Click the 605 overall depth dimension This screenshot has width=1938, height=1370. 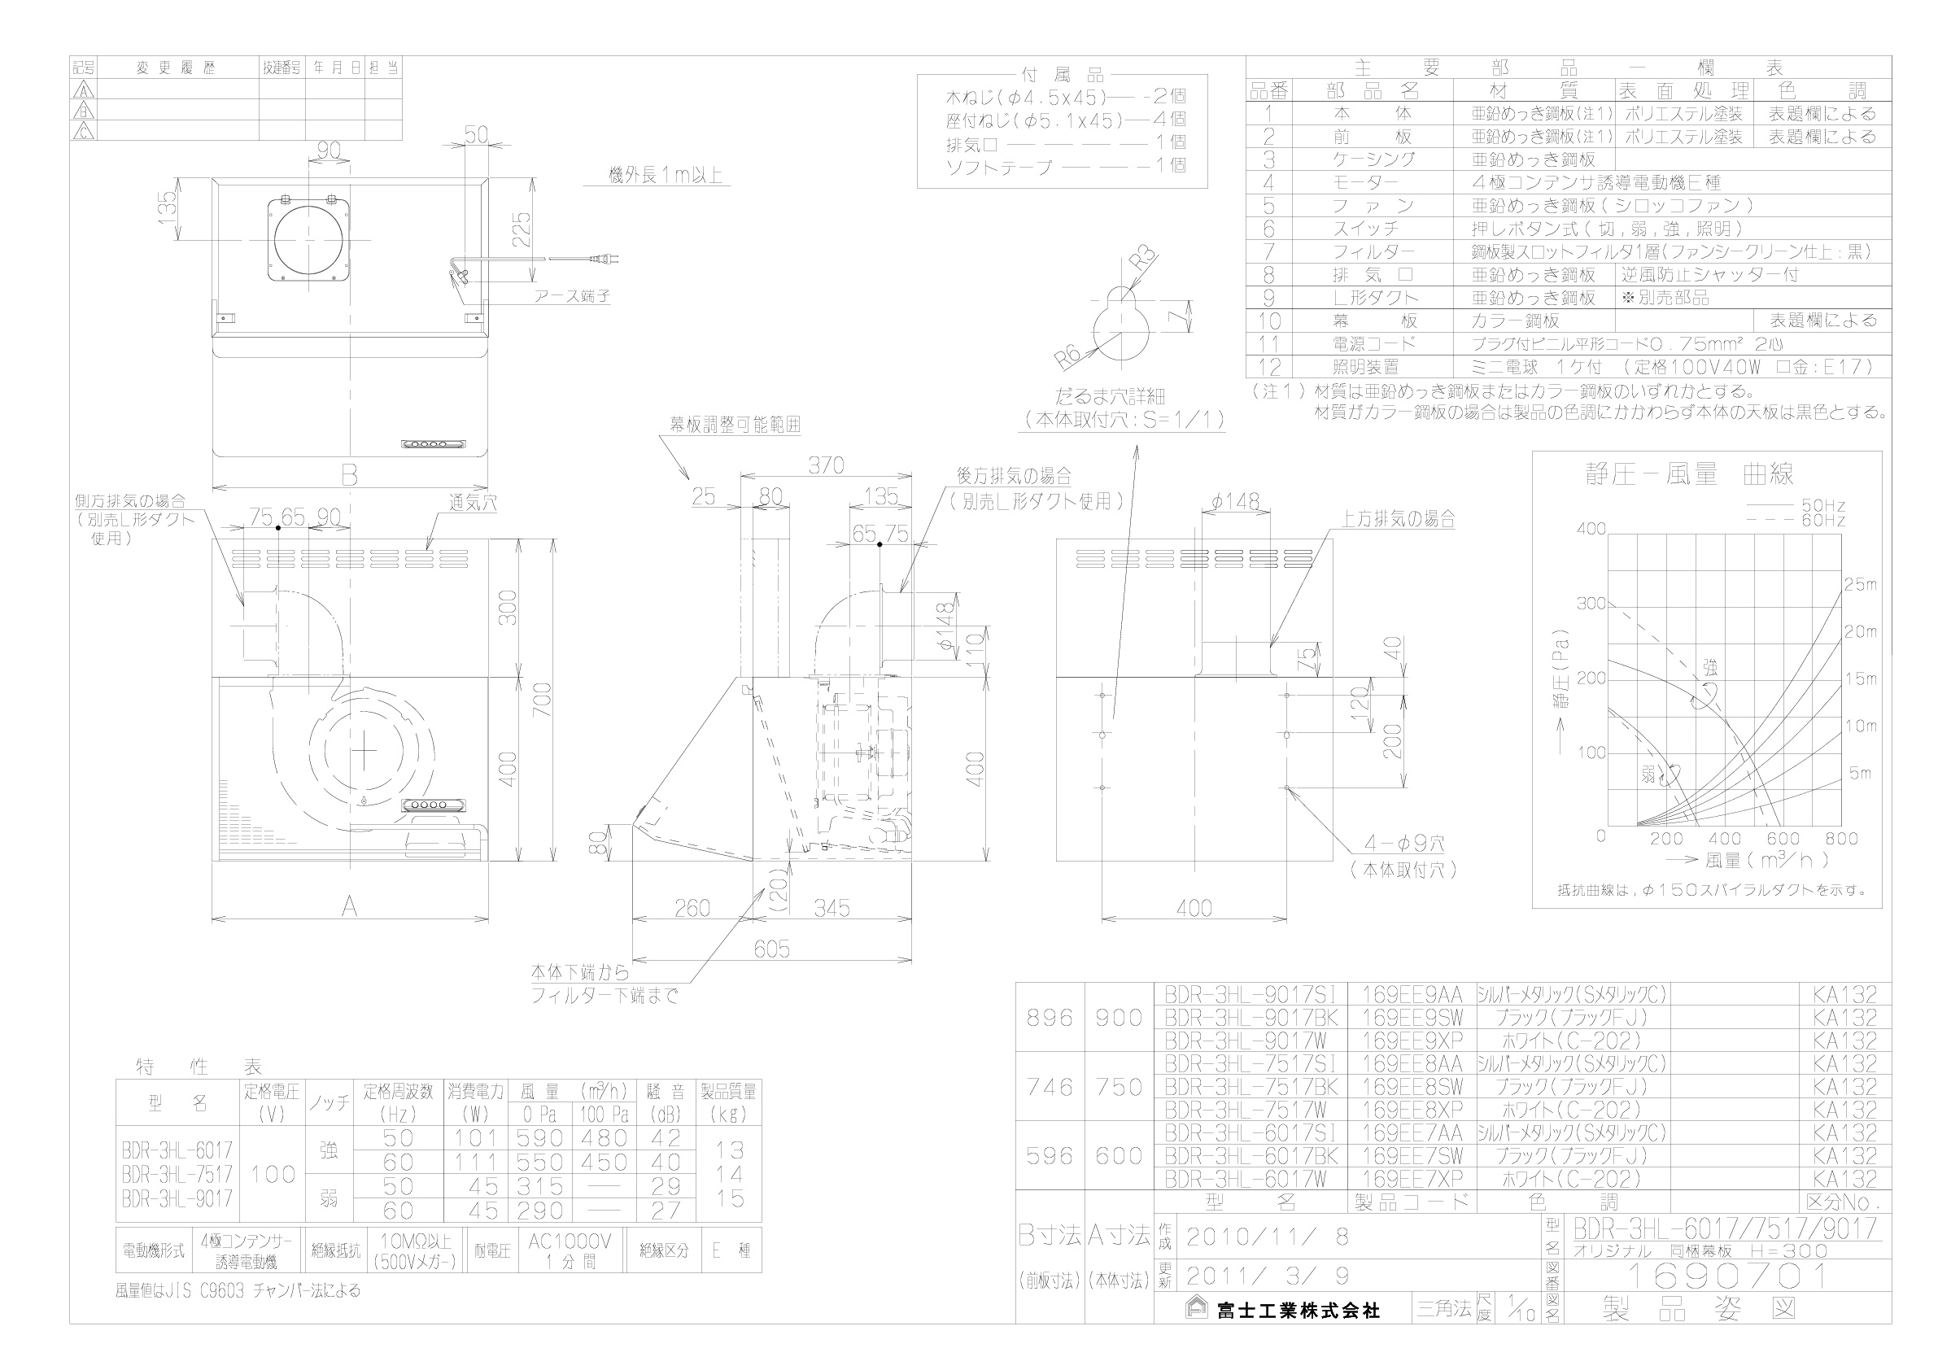coord(771,949)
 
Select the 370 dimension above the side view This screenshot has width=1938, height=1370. coord(826,465)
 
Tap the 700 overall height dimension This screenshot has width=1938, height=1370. coord(543,699)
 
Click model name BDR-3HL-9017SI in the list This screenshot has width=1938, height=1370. coord(1250,995)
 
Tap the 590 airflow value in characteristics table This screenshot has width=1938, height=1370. coord(539,1138)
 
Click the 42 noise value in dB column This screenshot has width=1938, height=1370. coord(666,1138)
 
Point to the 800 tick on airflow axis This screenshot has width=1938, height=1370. coord(1841,838)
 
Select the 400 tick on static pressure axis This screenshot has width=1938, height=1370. coord(1591,530)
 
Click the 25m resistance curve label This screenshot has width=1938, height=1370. coord(1861,584)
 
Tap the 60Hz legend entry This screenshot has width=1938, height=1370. coord(1823,521)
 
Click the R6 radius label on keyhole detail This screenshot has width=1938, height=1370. coord(1068,358)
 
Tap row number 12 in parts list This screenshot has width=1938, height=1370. coord(1268,367)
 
